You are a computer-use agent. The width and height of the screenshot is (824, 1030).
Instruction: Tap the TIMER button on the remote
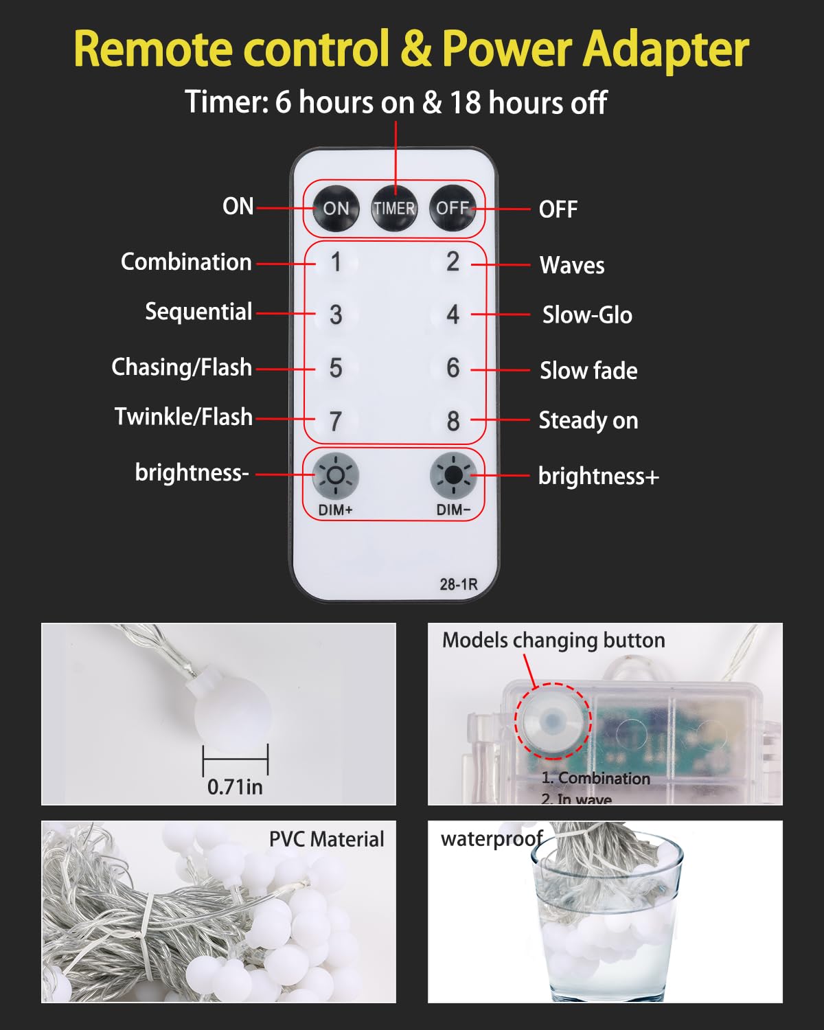pyautogui.click(x=395, y=208)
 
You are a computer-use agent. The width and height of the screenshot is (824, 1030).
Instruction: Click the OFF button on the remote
pyautogui.click(x=453, y=208)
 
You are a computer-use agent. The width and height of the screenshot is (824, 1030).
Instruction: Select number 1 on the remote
pyautogui.click(x=336, y=262)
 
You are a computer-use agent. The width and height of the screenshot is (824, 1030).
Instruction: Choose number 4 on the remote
pyautogui.click(x=453, y=315)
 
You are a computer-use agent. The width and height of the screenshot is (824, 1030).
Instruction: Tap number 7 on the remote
pyautogui.click(x=336, y=421)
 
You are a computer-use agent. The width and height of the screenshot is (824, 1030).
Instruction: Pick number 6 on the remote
pyautogui.click(x=453, y=367)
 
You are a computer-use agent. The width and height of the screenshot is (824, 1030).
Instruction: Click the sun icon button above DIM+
pyautogui.click(x=336, y=475)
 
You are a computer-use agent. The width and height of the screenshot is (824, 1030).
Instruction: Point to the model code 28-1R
pyautogui.click(x=459, y=584)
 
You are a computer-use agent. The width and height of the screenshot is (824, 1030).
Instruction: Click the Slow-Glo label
pyautogui.click(x=587, y=315)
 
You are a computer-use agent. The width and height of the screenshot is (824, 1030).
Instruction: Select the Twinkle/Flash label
pyautogui.click(x=183, y=416)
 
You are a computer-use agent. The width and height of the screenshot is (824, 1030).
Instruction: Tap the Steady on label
pyautogui.click(x=588, y=421)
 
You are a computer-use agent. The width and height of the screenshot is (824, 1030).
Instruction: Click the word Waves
pyautogui.click(x=572, y=265)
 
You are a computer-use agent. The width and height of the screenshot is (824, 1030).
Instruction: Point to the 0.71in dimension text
pyautogui.click(x=235, y=787)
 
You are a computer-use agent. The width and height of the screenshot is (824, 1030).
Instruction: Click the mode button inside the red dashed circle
pyautogui.click(x=553, y=720)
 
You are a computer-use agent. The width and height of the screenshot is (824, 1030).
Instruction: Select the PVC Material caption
pyautogui.click(x=327, y=839)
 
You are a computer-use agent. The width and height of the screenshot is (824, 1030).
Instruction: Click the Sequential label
pyautogui.click(x=198, y=312)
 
